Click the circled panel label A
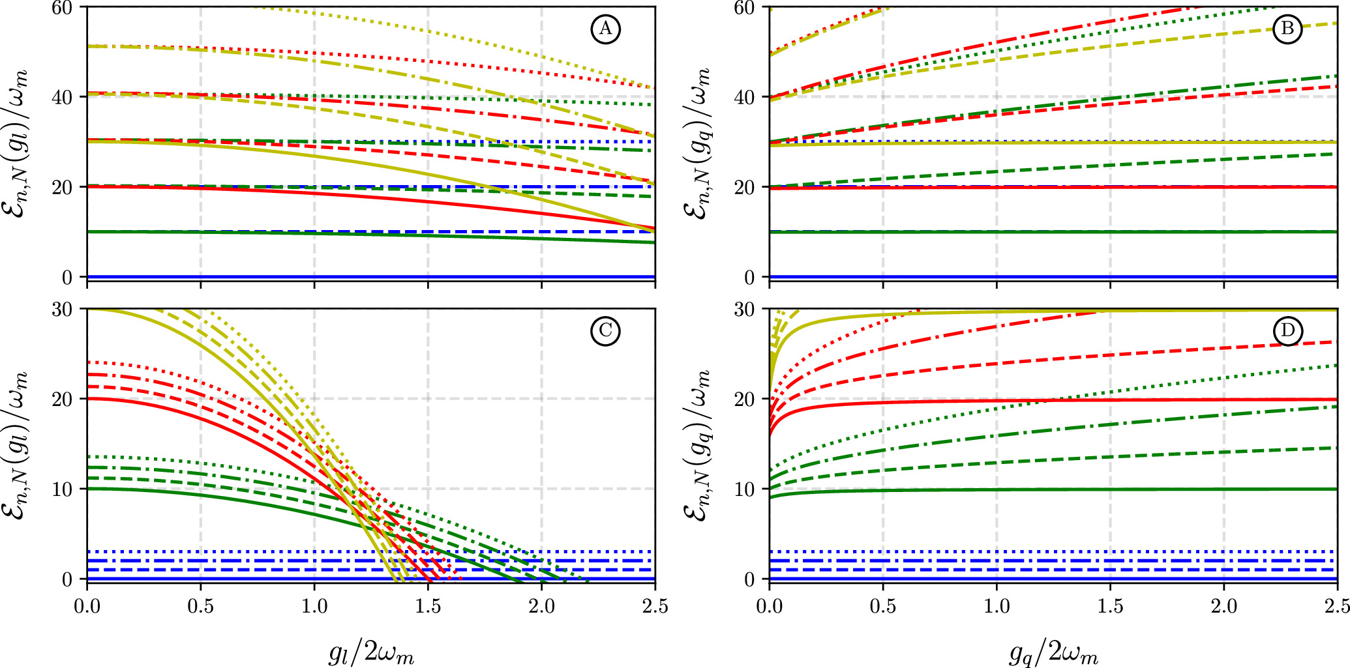(605, 29)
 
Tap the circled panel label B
(1287, 29)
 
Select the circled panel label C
(605, 331)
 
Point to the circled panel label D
(1287, 331)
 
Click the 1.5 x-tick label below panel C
(428, 607)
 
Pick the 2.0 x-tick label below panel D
(1223, 607)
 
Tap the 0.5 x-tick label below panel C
(200, 607)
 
